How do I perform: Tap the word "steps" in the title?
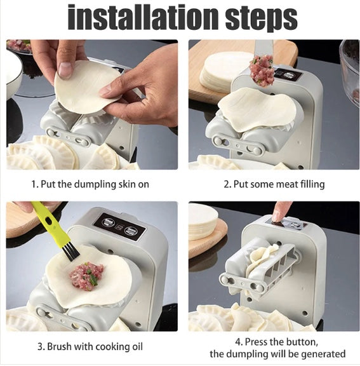click(x=262, y=19)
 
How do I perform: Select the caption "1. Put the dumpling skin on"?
click(x=90, y=184)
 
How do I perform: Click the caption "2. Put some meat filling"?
click(x=274, y=184)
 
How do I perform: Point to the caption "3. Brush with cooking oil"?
click(x=90, y=347)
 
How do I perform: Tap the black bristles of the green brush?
click(x=71, y=252)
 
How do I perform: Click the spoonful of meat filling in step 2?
click(x=261, y=71)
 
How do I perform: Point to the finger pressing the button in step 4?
click(x=281, y=210)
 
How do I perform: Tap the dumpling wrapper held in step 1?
click(x=87, y=87)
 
